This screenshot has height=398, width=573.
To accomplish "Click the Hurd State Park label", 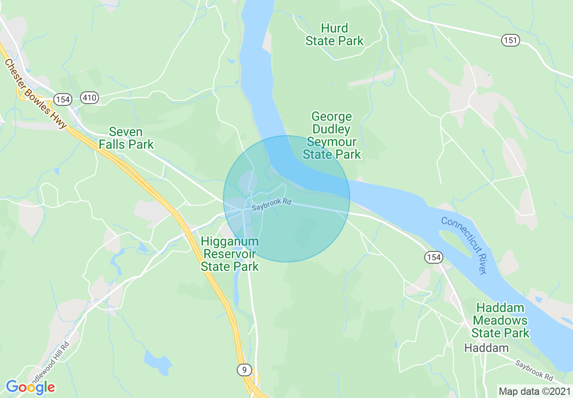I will coord(334,35).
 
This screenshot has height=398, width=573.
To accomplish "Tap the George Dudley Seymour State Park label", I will coord(332,136).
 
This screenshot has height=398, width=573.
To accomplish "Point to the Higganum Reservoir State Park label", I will coord(230,254).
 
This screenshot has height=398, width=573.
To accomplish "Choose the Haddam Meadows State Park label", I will coord(500,321).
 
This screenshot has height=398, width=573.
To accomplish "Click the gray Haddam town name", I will coord(487,348).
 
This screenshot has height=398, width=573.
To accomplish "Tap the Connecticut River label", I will coord(465,245).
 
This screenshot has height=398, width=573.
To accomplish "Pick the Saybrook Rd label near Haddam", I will coord(534,369).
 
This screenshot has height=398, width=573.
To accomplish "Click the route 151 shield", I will coord(510,41).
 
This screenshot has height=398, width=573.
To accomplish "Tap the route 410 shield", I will coord(90,98).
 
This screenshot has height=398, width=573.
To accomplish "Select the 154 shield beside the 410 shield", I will coord(62,99).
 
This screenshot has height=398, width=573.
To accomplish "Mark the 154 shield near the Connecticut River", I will coord(433,257).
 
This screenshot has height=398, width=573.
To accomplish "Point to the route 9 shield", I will coord(244,370).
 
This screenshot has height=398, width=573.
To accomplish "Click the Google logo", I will coord(30,387).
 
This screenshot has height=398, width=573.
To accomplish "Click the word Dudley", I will coord(331,129).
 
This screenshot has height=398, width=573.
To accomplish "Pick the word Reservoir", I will coord(230,254).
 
